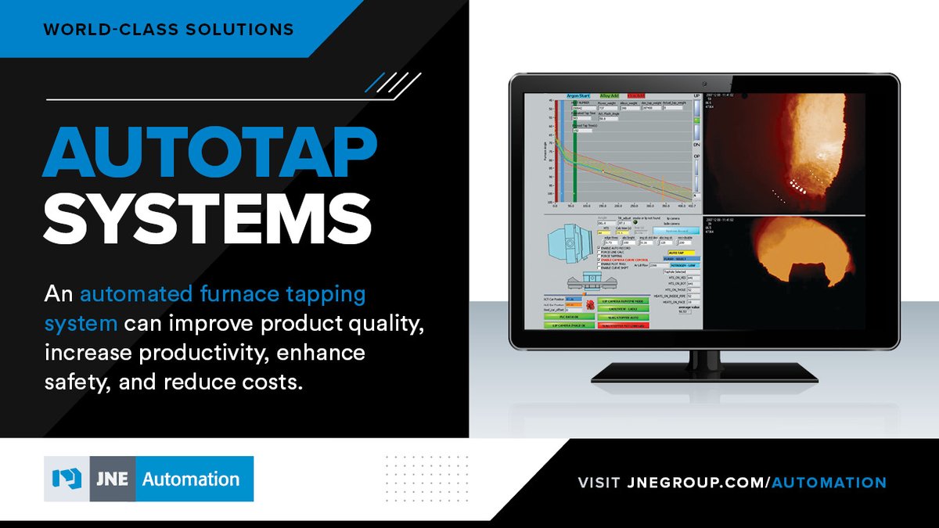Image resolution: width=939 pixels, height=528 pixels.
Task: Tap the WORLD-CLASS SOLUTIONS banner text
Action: point(169,31)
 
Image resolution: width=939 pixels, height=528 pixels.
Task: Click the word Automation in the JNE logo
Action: point(191,479)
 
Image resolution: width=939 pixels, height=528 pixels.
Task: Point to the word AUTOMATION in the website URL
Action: point(829,483)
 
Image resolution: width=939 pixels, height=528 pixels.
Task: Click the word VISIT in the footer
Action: point(600,483)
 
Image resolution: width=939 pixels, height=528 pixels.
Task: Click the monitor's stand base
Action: point(704,376)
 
